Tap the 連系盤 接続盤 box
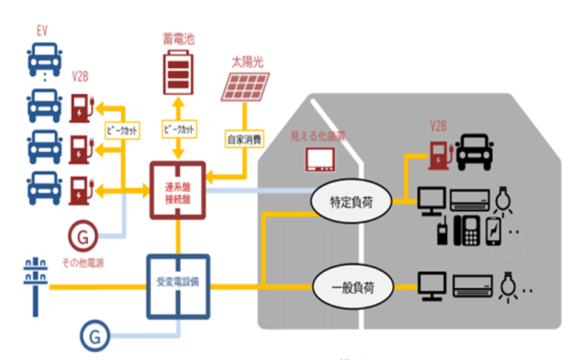[x=178, y=190]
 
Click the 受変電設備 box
[x=178, y=284]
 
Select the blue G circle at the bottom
[x=96, y=336]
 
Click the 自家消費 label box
[x=242, y=138]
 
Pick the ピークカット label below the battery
[x=178, y=128]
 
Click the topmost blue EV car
[x=44, y=60]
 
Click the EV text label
[x=44, y=31]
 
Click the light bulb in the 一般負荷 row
[x=508, y=284]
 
